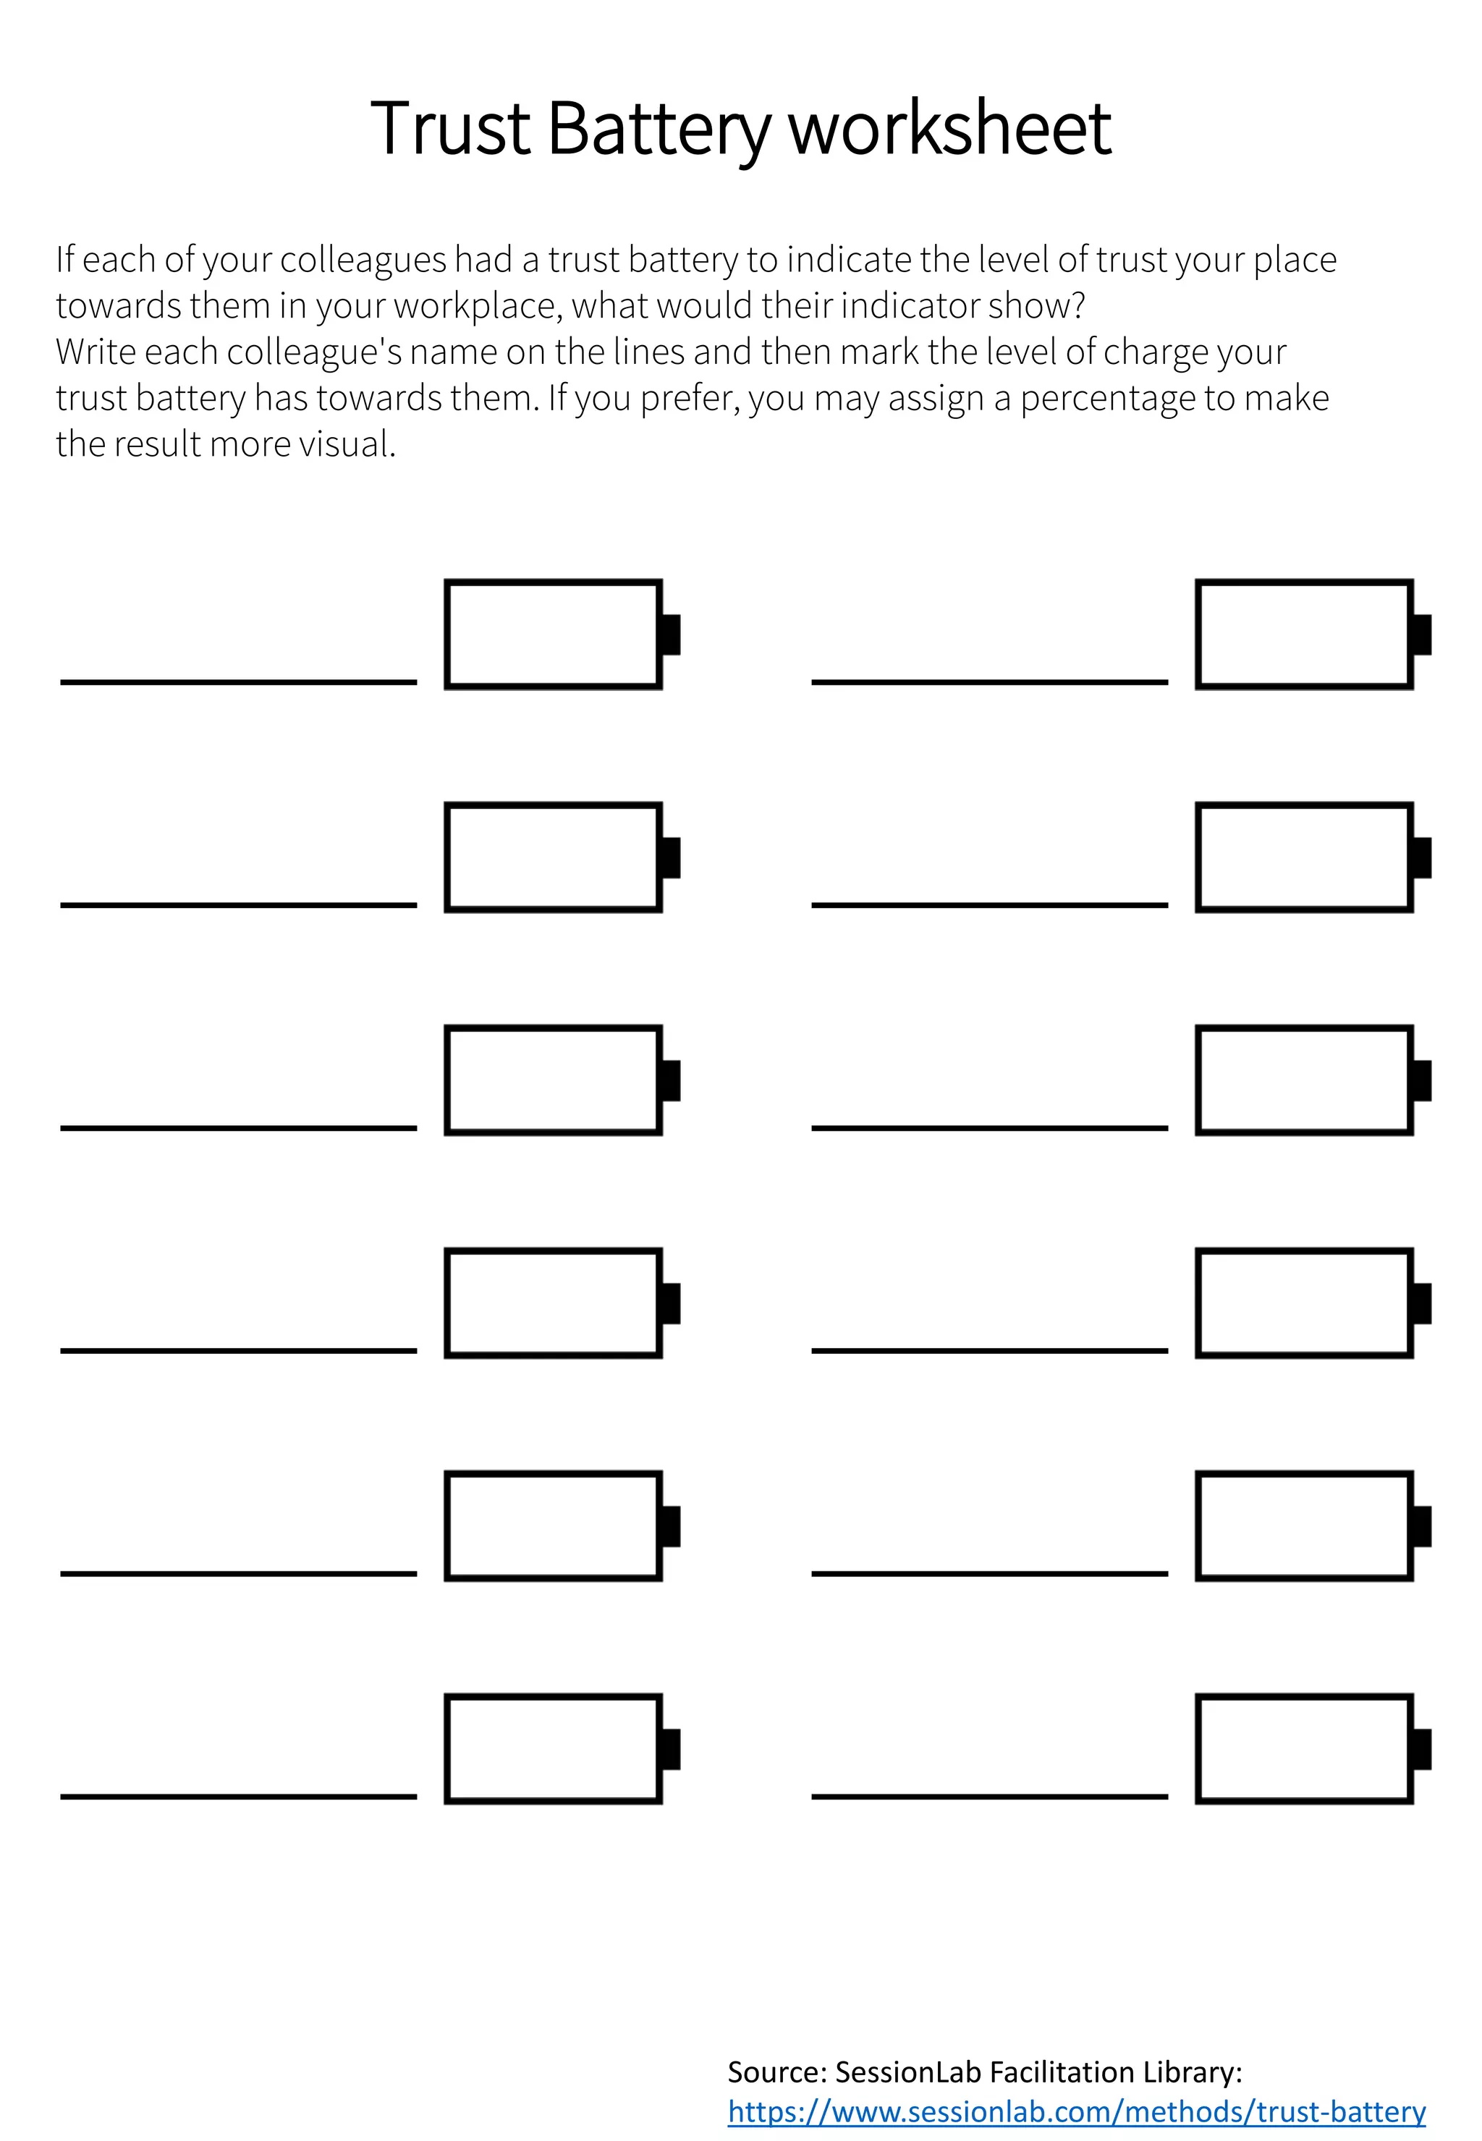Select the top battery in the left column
[x=554, y=634]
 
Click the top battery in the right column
[x=1304, y=634]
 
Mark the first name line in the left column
[x=239, y=682]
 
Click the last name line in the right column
[x=989, y=1796]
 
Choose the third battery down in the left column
[x=554, y=1080]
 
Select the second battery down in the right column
[x=1304, y=857]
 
